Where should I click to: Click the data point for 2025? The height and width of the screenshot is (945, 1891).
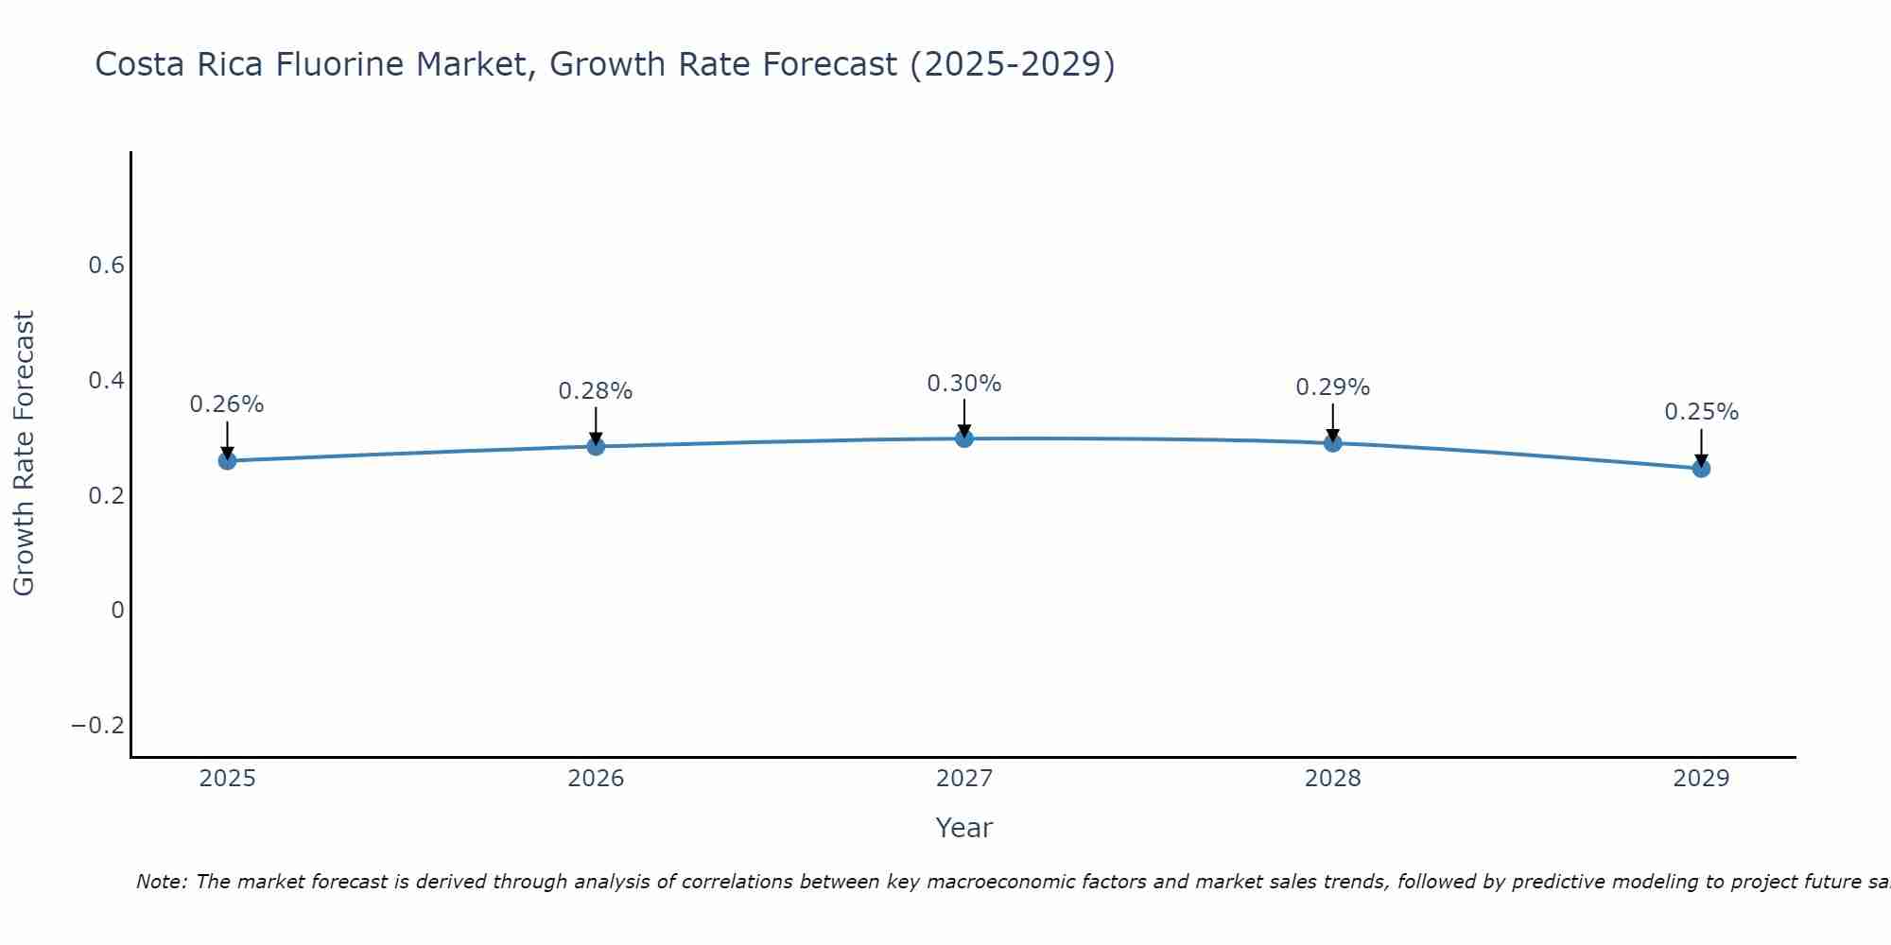click(x=227, y=460)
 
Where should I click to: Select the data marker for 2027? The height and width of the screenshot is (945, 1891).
click(x=964, y=438)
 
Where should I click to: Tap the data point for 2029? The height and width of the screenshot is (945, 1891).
click(x=1701, y=468)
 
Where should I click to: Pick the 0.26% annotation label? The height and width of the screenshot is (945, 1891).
click(x=227, y=404)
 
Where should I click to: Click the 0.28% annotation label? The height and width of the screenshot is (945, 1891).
click(x=596, y=391)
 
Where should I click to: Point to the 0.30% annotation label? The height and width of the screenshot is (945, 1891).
click(x=964, y=384)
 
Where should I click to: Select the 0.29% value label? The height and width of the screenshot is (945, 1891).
click(x=1333, y=387)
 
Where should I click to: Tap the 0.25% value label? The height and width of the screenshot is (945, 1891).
click(x=1701, y=412)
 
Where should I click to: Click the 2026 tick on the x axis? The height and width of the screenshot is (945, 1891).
click(x=596, y=779)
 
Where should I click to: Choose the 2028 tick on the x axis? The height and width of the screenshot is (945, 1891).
click(x=1333, y=779)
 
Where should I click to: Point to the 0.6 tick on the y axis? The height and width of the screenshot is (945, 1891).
click(x=107, y=266)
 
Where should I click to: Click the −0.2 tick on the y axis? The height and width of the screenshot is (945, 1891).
click(x=98, y=726)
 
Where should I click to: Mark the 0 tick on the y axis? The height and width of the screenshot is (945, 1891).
click(x=117, y=610)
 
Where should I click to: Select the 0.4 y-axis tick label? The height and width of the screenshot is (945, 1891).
click(x=107, y=381)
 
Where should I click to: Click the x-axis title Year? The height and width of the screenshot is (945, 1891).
click(x=963, y=828)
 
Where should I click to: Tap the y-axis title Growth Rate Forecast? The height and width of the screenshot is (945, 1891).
click(x=24, y=454)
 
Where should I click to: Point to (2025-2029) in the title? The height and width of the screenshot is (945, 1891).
click(x=1012, y=65)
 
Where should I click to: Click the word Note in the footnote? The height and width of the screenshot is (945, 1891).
click(x=160, y=882)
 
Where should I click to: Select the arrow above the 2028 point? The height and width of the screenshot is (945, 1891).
click(x=1333, y=422)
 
